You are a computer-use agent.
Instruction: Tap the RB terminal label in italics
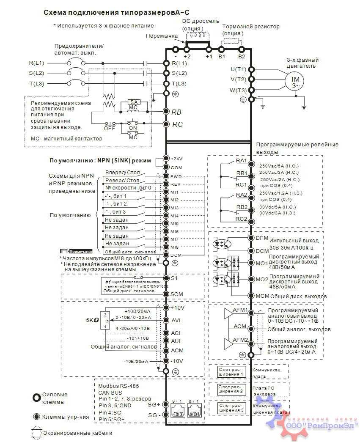point(177,112)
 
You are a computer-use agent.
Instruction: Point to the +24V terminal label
point(176,159)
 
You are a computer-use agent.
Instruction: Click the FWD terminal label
point(176,176)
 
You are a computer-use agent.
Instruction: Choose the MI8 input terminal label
point(175,247)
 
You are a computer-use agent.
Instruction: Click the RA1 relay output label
point(242,161)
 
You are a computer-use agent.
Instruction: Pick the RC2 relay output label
point(242,219)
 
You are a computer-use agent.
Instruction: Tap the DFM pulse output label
point(262,238)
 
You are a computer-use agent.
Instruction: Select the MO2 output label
point(262,280)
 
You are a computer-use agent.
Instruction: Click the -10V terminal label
point(177,361)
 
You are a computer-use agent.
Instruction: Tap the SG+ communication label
point(154,405)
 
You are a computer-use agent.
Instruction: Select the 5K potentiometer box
point(107,321)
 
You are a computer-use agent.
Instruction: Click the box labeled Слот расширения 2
point(231,389)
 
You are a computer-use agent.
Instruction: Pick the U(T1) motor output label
point(238,69)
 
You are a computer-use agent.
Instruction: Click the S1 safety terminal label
point(174,278)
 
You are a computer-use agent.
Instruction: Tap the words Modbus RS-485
point(118,386)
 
